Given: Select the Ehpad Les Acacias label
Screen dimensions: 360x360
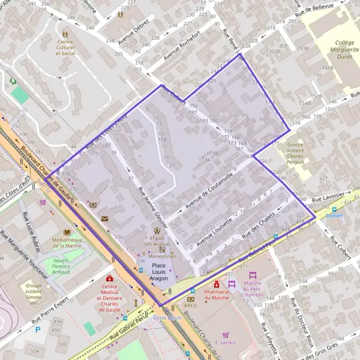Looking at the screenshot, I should click(157, 241).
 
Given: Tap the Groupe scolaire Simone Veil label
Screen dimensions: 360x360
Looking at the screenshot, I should click(34, 292).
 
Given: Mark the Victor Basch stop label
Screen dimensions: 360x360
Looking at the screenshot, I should click(167, 317).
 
